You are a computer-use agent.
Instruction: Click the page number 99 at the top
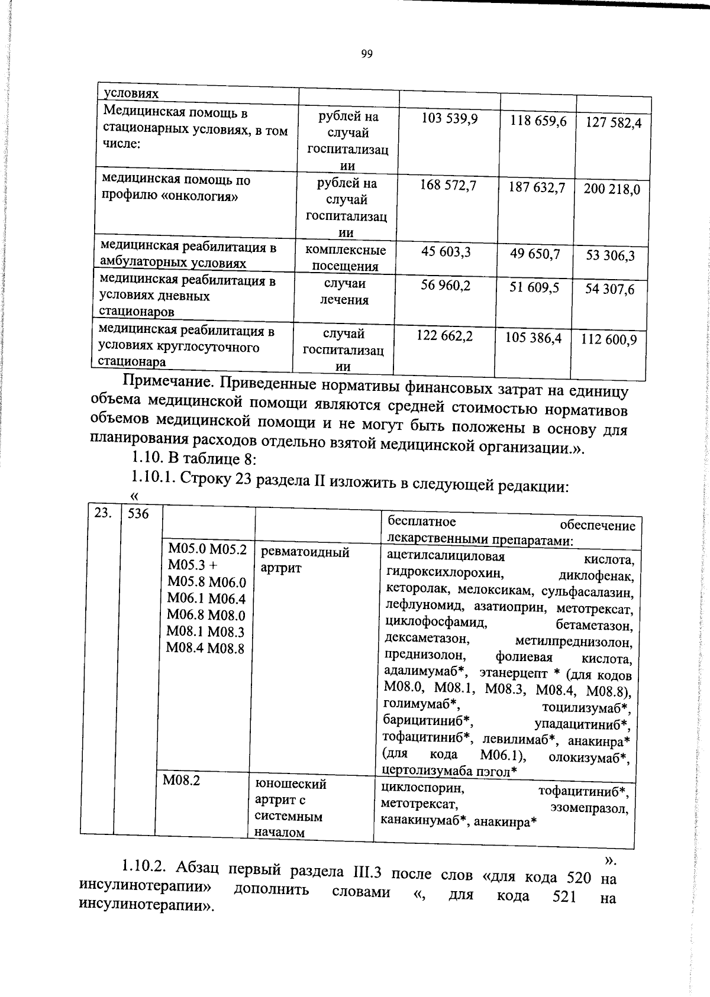tap(367, 54)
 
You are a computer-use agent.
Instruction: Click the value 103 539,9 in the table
tap(449, 119)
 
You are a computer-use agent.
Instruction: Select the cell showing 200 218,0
tap(612, 189)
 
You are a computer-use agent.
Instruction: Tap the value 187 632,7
tap(537, 187)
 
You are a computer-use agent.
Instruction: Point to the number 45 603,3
tap(446, 252)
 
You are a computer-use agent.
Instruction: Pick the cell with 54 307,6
tap(609, 289)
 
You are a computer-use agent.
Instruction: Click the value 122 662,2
tap(444, 336)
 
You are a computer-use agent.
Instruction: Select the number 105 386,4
tap(533, 338)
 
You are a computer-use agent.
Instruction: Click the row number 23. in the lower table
tap(103, 513)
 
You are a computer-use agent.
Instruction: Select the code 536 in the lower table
tap(138, 513)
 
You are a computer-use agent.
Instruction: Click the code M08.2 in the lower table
tap(181, 781)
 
